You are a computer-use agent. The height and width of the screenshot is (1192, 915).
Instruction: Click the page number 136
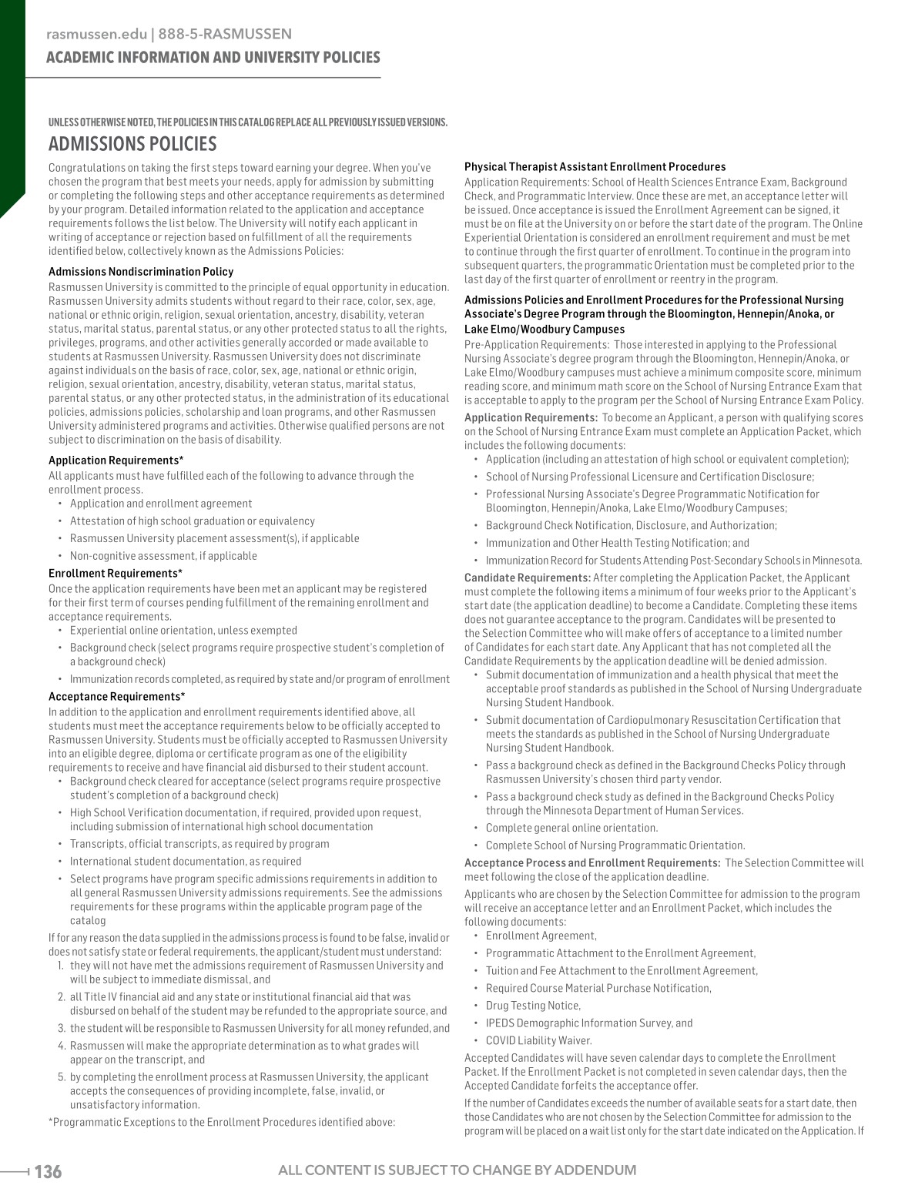click(x=48, y=1172)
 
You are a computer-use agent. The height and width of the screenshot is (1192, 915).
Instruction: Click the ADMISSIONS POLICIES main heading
click(x=132, y=144)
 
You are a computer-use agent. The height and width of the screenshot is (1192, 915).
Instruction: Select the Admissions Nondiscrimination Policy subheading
click(x=141, y=272)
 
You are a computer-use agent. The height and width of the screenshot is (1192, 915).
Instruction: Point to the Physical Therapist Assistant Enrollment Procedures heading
click(x=595, y=167)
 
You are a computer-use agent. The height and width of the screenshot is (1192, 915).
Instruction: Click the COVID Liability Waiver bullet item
click(x=528, y=1040)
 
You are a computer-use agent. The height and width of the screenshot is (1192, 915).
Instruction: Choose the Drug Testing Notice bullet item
click(x=533, y=1006)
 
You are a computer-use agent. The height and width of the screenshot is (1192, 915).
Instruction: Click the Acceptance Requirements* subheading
click(x=117, y=697)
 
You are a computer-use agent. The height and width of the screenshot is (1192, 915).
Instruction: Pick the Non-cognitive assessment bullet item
click(x=163, y=556)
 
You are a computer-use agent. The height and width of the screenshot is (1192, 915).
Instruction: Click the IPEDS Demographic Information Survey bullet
click(x=588, y=1023)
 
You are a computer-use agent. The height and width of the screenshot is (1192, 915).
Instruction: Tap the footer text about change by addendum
click(x=457, y=1170)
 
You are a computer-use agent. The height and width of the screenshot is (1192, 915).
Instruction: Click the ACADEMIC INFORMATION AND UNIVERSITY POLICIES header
click(x=213, y=58)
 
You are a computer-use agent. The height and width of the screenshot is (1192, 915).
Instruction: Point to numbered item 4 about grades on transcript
click(x=244, y=1053)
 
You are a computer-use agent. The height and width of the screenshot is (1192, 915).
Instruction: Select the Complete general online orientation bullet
click(x=571, y=828)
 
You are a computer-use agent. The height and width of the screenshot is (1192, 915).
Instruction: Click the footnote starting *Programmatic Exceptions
click(x=222, y=1122)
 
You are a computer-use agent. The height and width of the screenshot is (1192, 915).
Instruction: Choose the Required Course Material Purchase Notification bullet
click(x=598, y=988)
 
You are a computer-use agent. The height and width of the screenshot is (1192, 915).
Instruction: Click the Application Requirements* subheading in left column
click(x=116, y=460)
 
